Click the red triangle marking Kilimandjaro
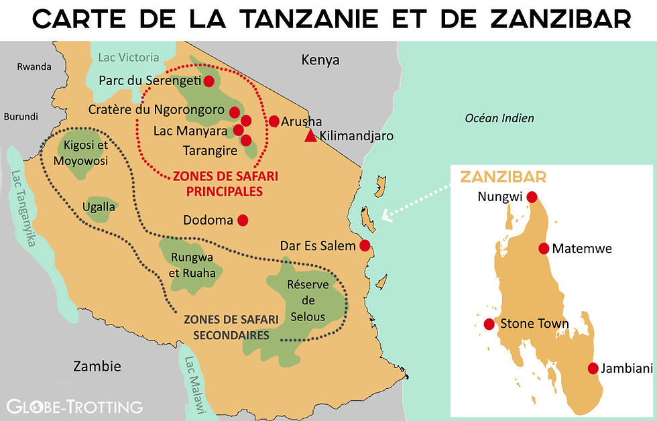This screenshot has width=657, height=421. [x=310, y=137]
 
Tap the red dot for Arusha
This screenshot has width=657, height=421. [x=274, y=121]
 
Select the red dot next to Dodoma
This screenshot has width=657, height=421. [x=243, y=220]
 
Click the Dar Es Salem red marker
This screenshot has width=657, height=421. [x=365, y=245]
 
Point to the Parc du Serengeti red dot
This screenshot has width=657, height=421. [x=208, y=81]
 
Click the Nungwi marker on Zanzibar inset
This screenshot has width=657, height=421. [x=532, y=197]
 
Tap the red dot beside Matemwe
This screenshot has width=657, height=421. [x=544, y=248]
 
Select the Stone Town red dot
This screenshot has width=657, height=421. [x=489, y=324]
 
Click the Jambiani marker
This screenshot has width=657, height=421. [x=593, y=368]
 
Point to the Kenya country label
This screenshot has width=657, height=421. [x=320, y=60]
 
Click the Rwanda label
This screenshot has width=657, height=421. [x=35, y=66]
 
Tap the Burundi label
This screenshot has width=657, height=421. [x=21, y=116]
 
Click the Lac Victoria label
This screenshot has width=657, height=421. [x=129, y=58]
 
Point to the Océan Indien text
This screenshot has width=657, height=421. [x=499, y=118]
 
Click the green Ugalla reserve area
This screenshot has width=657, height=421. [x=99, y=206]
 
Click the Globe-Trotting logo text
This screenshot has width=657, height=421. [x=74, y=406]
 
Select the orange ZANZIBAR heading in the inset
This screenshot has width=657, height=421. [x=502, y=177]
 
